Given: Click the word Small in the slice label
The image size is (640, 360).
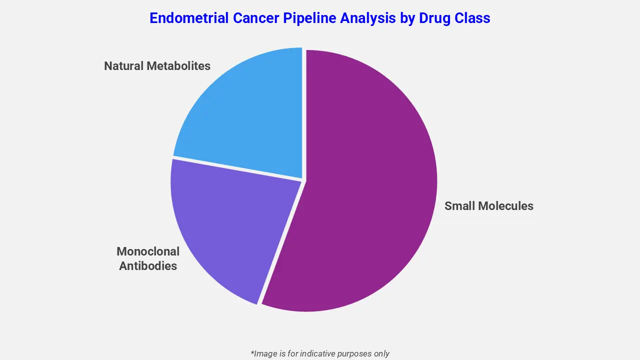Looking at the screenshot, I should click(460, 206).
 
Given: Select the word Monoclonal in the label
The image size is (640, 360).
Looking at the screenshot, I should click(148, 251).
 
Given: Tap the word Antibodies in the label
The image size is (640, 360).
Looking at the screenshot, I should click(148, 266).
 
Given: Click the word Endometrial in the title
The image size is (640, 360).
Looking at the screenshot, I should click(189, 18).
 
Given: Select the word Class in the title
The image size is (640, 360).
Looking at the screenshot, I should click(474, 18).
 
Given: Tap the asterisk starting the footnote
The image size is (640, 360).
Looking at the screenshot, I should click(252, 352).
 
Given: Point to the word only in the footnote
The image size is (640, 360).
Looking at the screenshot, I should click(381, 353).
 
